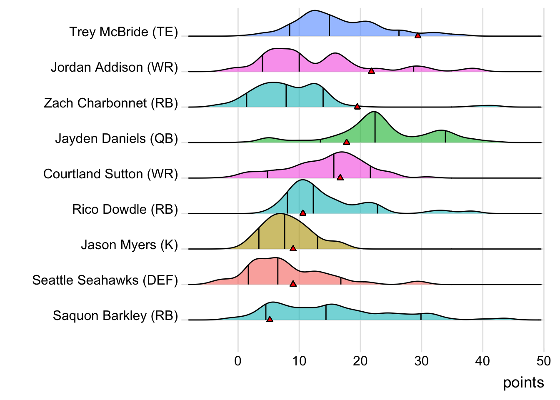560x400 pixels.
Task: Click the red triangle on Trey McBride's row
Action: (x=418, y=35)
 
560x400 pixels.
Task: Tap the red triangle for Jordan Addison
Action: (x=371, y=71)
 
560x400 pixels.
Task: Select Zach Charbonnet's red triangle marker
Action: (x=357, y=107)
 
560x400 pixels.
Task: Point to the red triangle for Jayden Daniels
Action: (x=346, y=142)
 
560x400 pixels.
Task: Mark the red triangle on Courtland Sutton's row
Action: (x=340, y=177)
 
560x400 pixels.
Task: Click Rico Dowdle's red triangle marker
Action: (x=303, y=213)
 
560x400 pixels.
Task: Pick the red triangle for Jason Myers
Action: (x=293, y=248)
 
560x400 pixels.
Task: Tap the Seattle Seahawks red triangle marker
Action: (x=293, y=284)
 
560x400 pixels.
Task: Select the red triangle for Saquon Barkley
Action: (x=270, y=319)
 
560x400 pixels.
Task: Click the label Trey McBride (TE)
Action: (x=124, y=32)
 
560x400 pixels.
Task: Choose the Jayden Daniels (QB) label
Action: (x=117, y=138)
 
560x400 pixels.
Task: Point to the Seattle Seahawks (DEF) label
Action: (x=105, y=280)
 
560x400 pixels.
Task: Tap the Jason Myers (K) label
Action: (x=130, y=245)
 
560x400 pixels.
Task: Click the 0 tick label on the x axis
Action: (x=238, y=361)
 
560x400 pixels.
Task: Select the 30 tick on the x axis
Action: (x=421, y=361)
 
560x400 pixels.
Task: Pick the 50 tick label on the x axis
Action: (x=544, y=361)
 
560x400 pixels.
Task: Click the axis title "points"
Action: (x=523, y=382)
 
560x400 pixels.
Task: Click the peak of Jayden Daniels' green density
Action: (x=375, y=112)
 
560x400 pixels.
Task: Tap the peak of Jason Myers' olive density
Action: (x=282, y=214)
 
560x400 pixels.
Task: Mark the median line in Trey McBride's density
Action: (x=329, y=25)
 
